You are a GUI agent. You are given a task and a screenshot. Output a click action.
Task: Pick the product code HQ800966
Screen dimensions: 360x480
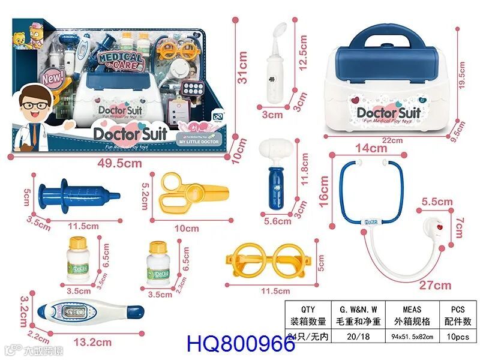pyautogui.click(x=241, y=344)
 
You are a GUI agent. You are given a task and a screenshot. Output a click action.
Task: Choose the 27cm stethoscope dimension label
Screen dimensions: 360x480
pyautogui.click(x=435, y=284)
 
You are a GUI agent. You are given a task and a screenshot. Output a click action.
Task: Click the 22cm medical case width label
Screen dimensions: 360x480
pyautogui.click(x=392, y=140)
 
